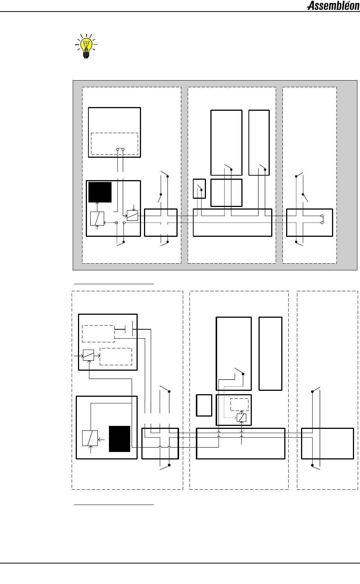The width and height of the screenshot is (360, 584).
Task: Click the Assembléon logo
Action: (333, 6)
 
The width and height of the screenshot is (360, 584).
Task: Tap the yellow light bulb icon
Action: (86, 46)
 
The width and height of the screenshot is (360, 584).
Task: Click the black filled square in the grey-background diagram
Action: (100, 192)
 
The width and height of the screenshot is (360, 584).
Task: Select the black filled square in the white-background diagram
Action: (119, 439)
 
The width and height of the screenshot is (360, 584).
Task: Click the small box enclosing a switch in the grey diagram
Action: (199, 188)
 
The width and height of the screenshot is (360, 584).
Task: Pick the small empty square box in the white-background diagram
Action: (204, 405)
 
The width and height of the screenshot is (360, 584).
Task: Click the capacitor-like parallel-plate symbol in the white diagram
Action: (129, 329)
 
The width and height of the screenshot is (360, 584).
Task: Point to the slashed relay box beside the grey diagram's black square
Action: (97, 219)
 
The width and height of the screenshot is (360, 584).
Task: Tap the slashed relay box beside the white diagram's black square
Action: (90, 438)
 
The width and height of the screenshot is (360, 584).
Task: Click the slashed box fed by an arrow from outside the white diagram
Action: (88, 355)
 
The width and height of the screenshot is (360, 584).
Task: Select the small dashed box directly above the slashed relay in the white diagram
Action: (240, 404)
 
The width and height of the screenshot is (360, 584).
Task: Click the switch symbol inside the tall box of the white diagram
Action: (240, 371)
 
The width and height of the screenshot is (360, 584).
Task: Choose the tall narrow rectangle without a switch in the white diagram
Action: (270, 354)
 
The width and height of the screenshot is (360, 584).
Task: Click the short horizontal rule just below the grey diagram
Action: (114, 284)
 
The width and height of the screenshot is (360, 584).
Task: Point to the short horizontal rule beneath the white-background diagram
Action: (114, 505)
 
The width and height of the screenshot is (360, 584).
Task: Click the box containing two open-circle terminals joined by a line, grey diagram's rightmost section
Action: (310, 223)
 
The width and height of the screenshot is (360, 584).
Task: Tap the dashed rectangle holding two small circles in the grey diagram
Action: (115, 144)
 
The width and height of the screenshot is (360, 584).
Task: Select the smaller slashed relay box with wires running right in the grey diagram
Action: (132, 216)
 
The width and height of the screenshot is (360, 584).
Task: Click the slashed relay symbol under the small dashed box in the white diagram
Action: (242, 418)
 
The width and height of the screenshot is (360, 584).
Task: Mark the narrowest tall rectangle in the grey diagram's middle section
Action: (259, 142)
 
